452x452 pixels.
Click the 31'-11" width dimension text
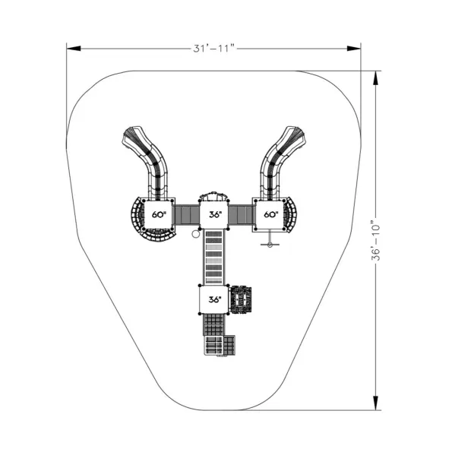point(214,49)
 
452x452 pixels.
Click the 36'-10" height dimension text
point(375,240)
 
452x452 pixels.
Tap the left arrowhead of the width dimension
point(74,49)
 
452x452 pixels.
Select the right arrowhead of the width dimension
point(354,49)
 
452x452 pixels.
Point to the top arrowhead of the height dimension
point(375,77)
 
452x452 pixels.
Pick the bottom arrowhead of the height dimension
point(375,403)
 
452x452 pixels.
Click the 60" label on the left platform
point(159,214)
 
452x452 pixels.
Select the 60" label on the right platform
point(271,214)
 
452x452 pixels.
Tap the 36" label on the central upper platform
point(215,214)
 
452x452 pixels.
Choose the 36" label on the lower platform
point(215,300)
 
